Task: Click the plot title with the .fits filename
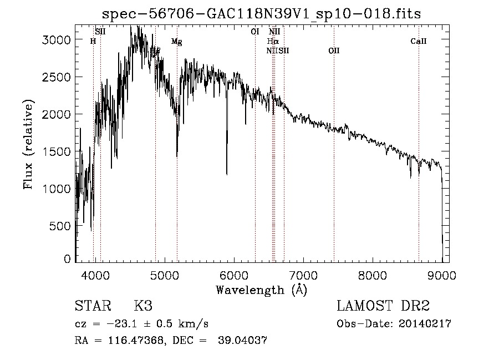tap(262, 14)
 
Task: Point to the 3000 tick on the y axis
tap(58, 40)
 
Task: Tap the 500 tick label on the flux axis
tap(61, 226)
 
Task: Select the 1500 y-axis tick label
tap(58, 151)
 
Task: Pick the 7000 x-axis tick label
tap(303, 275)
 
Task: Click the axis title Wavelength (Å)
tap(261, 290)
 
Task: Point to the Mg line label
tap(176, 42)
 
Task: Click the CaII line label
tap(418, 41)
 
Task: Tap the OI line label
tap(255, 32)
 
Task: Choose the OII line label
tap(334, 51)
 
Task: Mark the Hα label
tap(272, 41)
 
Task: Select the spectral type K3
tap(143, 306)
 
